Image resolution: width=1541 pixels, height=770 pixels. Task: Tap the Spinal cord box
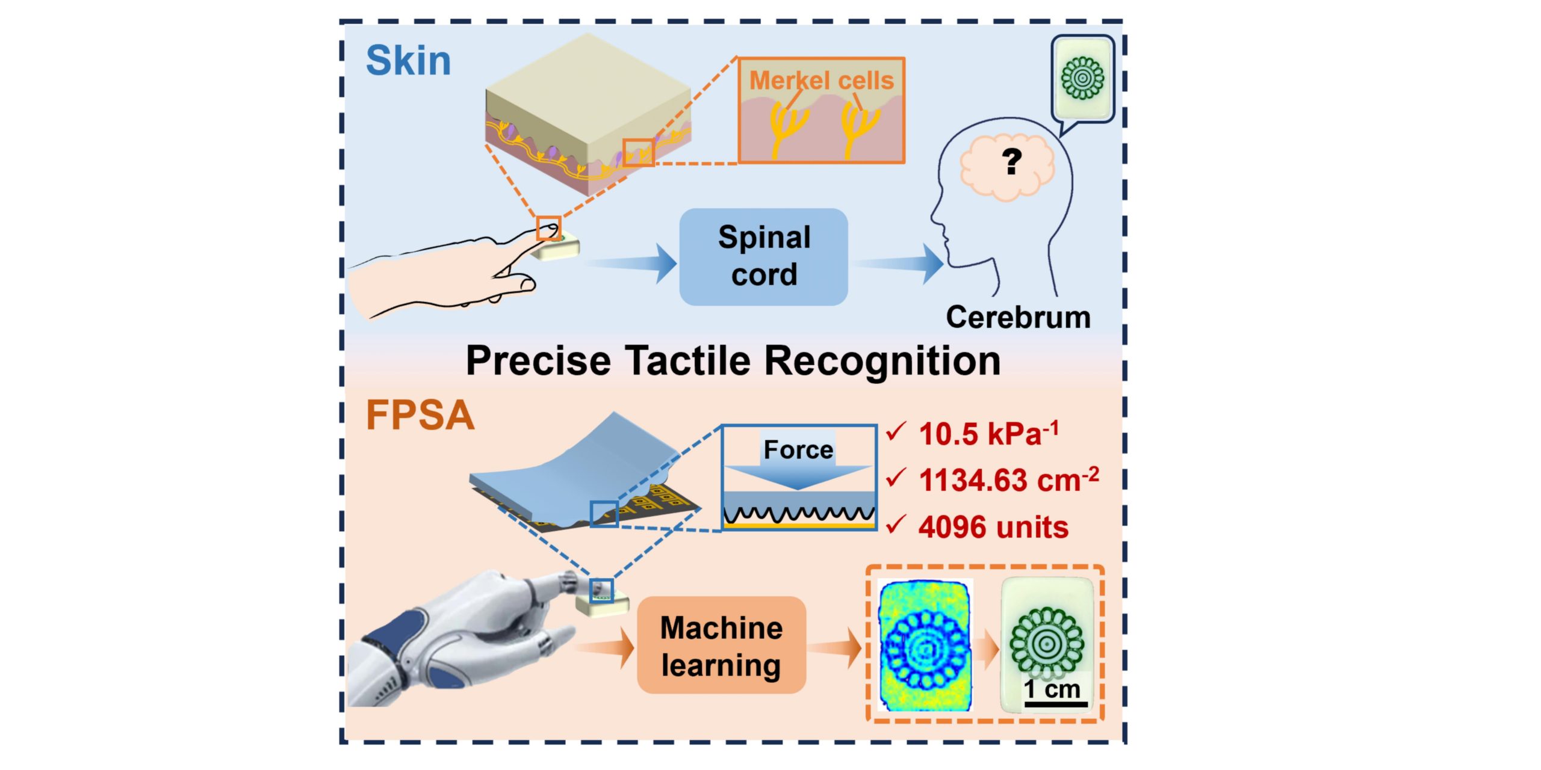click(x=763, y=256)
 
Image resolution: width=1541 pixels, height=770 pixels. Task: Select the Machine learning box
click(x=721, y=645)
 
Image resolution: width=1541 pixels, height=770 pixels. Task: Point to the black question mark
click(x=1012, y=161)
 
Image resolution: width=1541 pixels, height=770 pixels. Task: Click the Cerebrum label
click(x=1018, y=317)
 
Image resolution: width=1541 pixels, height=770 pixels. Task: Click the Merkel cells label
click(x=821, y=81)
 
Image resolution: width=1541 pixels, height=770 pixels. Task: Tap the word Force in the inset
click(x=798, y=449)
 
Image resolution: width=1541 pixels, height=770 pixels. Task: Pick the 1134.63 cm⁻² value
click(x=1009, y=480)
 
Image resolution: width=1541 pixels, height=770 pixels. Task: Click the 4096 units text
click(x=993, y=527)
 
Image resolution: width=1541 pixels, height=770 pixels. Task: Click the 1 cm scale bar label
click(x=1052, y=689)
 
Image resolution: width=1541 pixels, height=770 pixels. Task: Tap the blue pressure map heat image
click(x=925, y=645)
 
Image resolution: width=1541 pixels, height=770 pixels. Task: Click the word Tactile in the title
click(x=688, y=361)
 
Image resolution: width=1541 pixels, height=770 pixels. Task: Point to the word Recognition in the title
click(x=882, y=361)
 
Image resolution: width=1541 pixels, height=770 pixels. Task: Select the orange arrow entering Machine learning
click(x=604, y=647)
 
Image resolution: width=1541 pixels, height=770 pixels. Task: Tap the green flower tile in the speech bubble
click(x=1082, y=78)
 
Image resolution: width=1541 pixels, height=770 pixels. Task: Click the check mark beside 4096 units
click(x=896, y=525)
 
